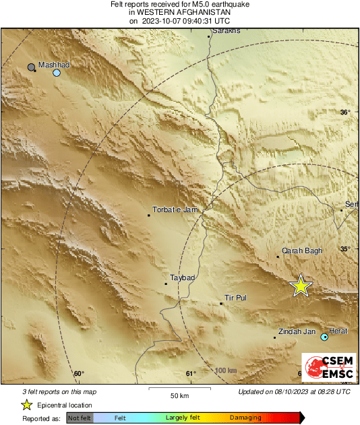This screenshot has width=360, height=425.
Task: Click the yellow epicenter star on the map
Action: pos(301,286)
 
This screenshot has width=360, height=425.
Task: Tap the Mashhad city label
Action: pos(54,65)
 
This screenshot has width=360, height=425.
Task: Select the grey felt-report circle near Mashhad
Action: pos(32,67)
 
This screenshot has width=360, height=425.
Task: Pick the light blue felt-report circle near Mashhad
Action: pos(57,73)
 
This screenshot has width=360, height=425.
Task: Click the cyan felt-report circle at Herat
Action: pos(324,337)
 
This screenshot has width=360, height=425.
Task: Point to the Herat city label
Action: pos(338,331)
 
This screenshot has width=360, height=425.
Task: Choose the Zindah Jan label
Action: pos(297,331)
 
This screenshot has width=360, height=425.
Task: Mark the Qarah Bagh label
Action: pos(302,251)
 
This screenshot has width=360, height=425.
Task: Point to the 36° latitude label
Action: pos(345,112)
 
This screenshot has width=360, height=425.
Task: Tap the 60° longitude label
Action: pos(78,374)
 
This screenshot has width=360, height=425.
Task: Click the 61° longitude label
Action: pos(191,374)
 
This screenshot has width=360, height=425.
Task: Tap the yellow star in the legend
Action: pos(27,405)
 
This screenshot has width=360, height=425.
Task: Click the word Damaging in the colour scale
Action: pos(246,418)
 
